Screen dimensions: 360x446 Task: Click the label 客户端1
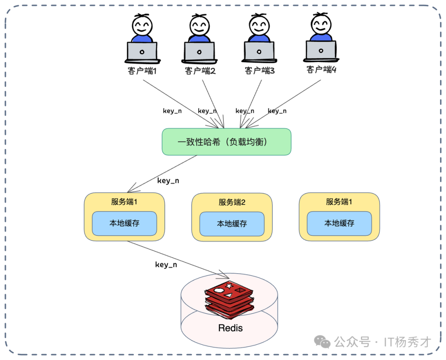click(x=142, y=71)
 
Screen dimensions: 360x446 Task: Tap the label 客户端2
click(x=200, y=71)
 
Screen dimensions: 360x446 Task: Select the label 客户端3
click(x=260, y=71)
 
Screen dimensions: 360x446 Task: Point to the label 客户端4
click(x=321, y=69)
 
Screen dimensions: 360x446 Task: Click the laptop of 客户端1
click(x=142, y=52)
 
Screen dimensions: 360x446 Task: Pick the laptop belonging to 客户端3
click(x=259, y=52)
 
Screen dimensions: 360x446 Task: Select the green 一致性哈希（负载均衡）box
click(x=226, y=142)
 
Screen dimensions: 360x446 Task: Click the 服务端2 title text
click(x=232, y=202)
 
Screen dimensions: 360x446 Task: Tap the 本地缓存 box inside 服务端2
click(x=232, y=224)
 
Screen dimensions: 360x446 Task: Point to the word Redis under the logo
click(x=230, y=328)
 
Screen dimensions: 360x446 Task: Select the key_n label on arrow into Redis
click(x=166, y=265)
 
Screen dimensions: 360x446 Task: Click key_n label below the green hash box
click(x=168, y=180)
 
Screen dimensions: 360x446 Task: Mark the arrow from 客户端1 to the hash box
click(x=178, y=102)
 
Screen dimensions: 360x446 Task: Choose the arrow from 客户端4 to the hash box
click(x=285, y=102)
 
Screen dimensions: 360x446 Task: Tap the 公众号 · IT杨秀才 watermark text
click(x=382, y=342)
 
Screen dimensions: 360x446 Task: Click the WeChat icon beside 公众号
click(x=322, y=341)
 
